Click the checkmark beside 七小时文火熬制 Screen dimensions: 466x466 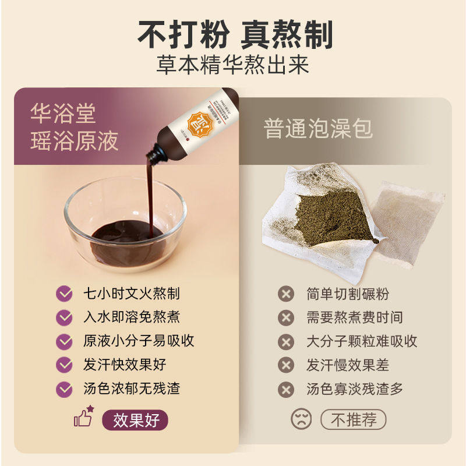pyautogui.click(x=64, y=294)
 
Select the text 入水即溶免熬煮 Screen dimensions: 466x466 pyautogui.click(x=131, y=317)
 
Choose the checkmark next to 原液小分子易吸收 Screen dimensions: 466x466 pyautogui.click(x=64, y=341)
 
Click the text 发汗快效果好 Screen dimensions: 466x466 pyautogui.click(x=124, y=365)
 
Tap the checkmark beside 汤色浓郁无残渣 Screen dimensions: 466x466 pyautogui.click(x=64, y=389)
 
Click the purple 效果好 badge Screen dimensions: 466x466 pyautogui.click(x=135, y=419)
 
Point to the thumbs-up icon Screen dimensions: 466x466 pyautogui.click(x=83, y=417)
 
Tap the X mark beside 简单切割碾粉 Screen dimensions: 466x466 pyautogui.click(x=285, y=294)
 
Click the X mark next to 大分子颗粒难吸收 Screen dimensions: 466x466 pyautogui.click(x=285, y=341)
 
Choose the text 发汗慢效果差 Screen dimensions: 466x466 pyautogui.click(x=347, y=365)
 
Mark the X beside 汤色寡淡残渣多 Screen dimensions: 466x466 pyautogui.click(x=285, y=389)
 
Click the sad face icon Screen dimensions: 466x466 pyautogui.click(x=301, y=419)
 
